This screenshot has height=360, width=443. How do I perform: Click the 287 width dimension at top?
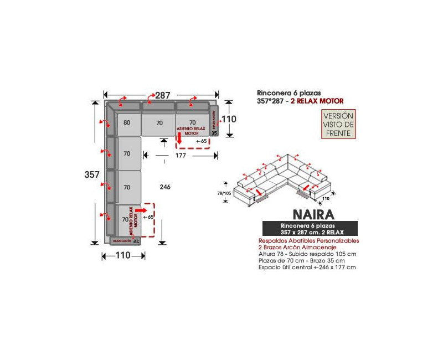tap(162, 95)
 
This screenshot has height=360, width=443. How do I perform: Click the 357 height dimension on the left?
tap(92, 174)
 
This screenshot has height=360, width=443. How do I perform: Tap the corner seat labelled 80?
tap(127, 123)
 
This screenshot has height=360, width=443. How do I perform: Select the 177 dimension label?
tap(181, 155)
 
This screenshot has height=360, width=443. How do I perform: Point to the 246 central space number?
tap(165, 187)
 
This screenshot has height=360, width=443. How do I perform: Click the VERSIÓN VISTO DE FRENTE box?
tap(338, 124)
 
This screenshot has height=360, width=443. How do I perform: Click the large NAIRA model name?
tap(310, 214)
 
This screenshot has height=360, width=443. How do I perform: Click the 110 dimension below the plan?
tap(123, 255)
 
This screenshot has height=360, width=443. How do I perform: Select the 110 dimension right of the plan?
tap(229, 119)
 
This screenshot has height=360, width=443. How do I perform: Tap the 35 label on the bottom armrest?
tap(136, 241)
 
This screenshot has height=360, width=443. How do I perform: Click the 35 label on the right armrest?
tap(215, 132)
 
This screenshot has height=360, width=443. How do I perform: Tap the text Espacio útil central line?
tap(307, 268)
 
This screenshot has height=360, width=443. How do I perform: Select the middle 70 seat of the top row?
tap(159, 123)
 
